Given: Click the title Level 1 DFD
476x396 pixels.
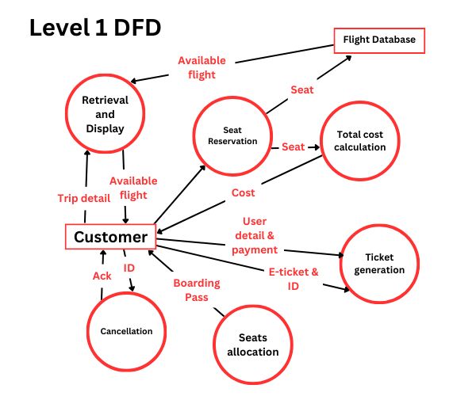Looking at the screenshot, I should pos(95,28).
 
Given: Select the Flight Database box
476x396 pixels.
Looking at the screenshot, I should pos(378,40).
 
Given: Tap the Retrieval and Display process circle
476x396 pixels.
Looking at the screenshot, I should pos(105,113).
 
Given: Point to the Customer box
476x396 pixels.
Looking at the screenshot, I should pos(109,237).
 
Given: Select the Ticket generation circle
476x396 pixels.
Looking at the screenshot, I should pos(384,264).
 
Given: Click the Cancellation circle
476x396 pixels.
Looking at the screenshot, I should pos(126,331).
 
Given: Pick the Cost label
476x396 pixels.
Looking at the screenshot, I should pos(243,192).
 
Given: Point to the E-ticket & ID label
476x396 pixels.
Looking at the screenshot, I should pos(293,279).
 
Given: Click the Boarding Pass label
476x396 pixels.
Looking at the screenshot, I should pos(197,290).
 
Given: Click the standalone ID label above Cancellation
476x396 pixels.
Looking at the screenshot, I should pos(129,268).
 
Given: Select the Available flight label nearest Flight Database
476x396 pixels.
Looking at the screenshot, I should pos(202,67).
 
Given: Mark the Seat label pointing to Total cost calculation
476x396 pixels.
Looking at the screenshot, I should pos(293,147).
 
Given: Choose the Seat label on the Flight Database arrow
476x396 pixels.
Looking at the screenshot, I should pos(301,89).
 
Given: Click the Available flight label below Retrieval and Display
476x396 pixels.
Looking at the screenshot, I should pos(132,188).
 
